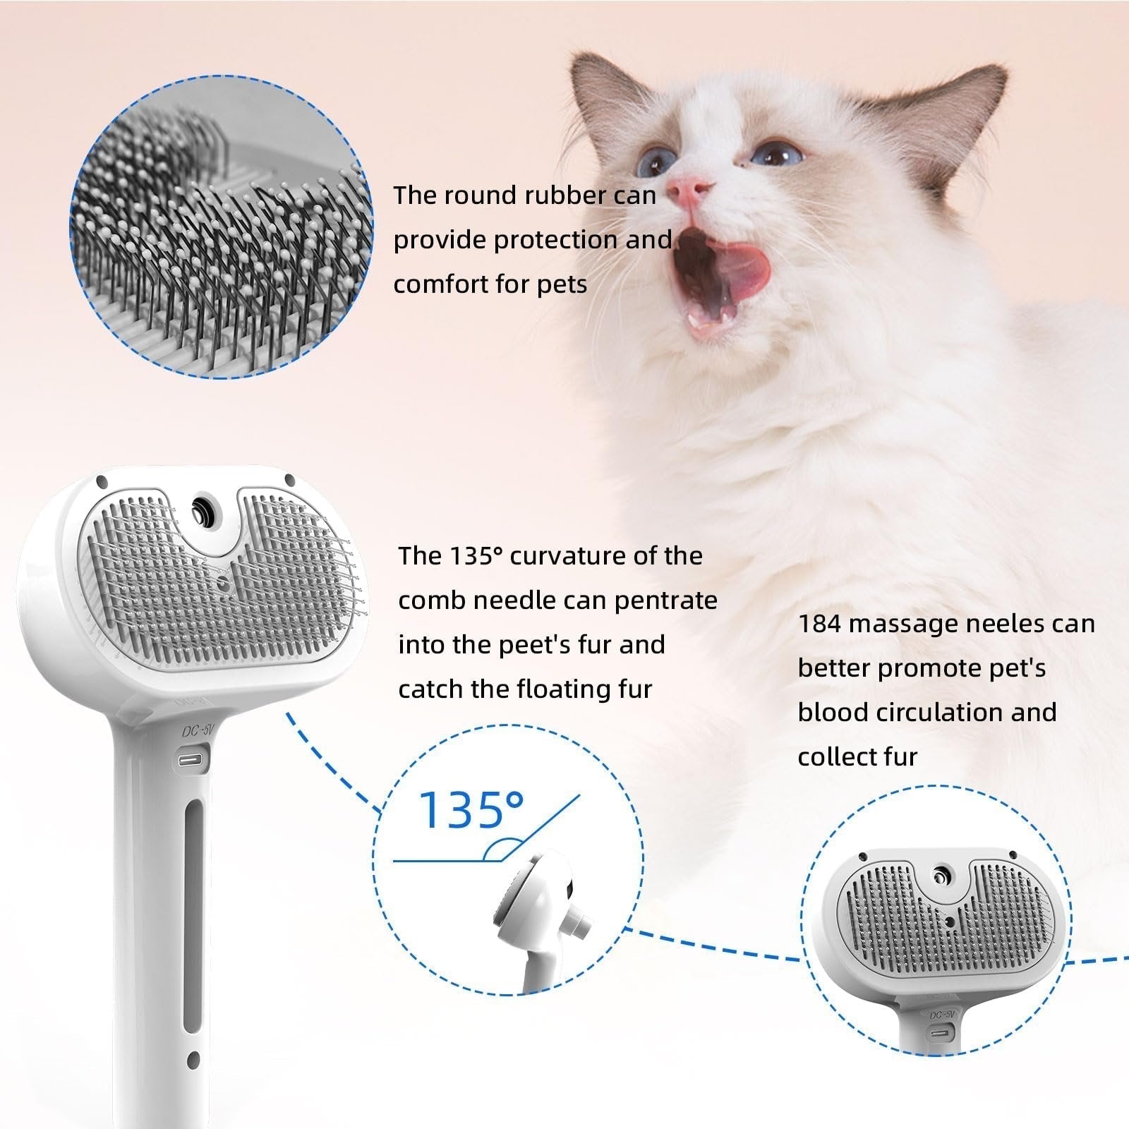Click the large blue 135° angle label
[x=471, y=809]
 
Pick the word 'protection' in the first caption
[x=555, y=240]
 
